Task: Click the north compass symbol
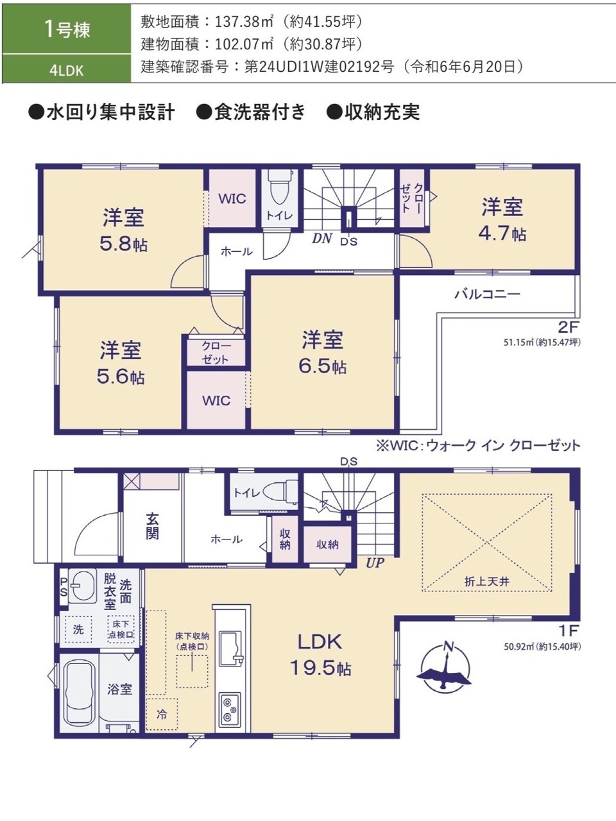[445, 667]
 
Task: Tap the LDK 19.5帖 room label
[320, 655]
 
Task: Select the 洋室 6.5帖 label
[322, 353]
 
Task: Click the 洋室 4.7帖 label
[502, 220]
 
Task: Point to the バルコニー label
[487, 294]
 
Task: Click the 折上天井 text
[486, 581]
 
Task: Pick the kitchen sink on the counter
[230, 649]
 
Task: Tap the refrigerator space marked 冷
[162, 715]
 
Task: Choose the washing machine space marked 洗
[78, 629]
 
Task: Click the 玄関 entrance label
[152, 527]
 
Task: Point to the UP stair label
[375, 563]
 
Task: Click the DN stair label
[322, 239]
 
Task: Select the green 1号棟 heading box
[67, 29]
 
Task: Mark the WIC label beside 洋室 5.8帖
[232, 199]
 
